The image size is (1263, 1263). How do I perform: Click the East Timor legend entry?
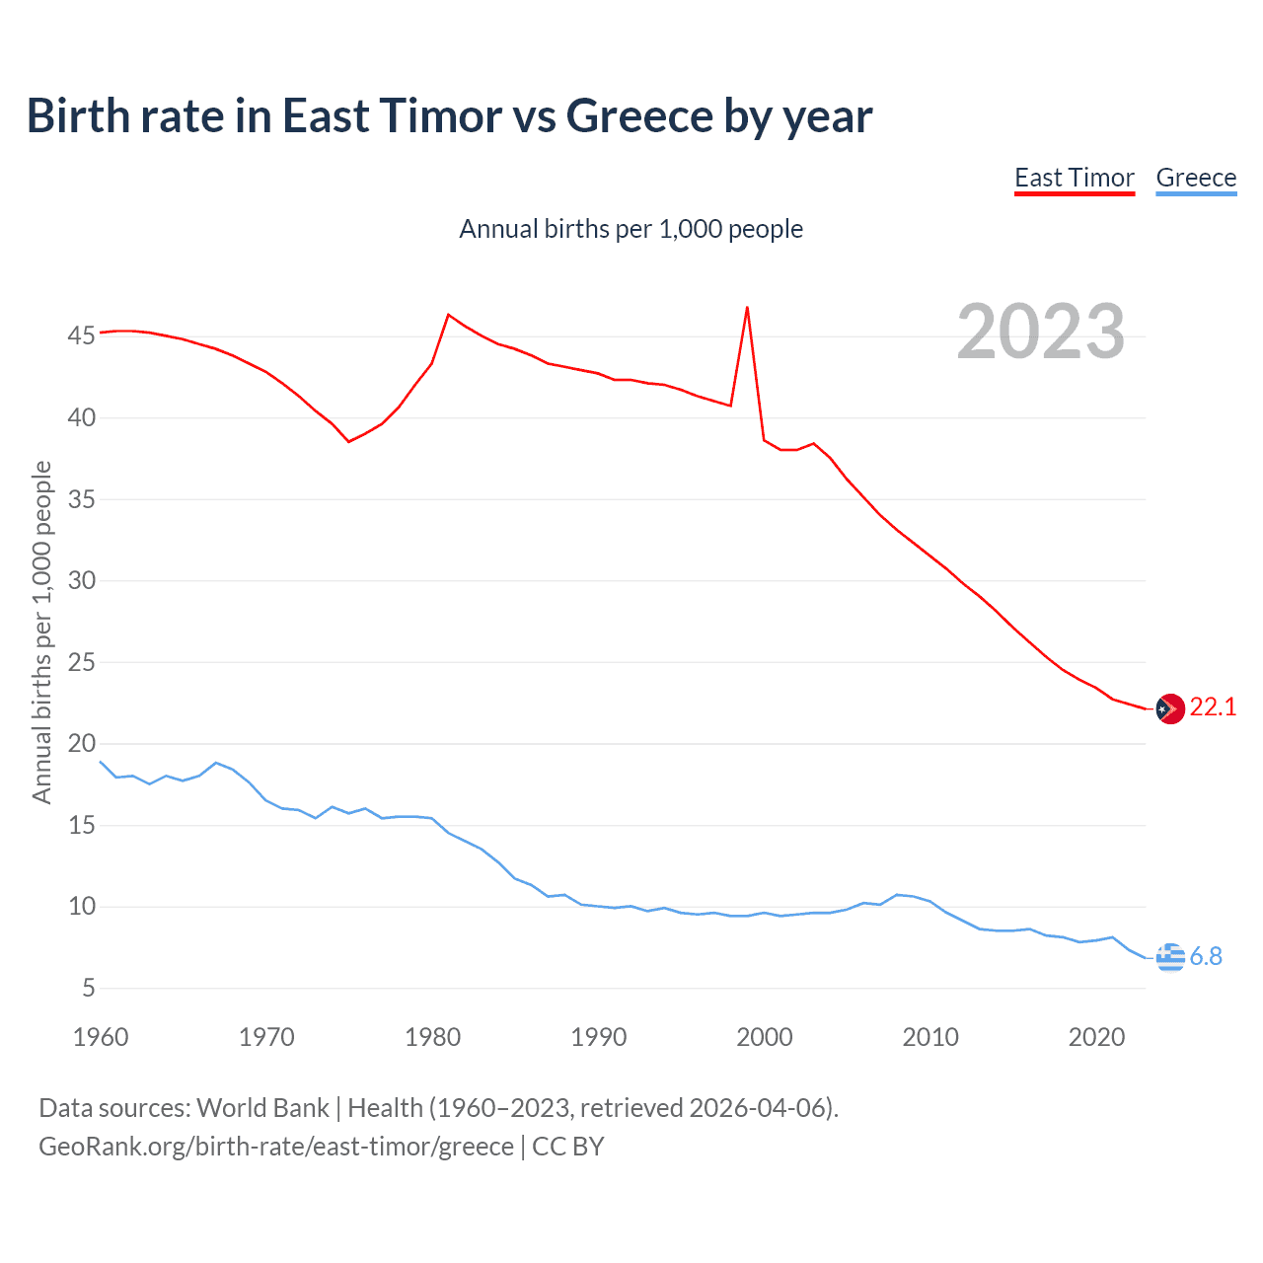(x=1075, y=178)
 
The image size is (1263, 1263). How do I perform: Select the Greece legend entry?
(x=1196, y=178)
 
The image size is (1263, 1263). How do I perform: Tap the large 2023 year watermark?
(x=1041, y=332)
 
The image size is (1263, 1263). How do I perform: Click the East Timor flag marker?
(x=1170, y=708)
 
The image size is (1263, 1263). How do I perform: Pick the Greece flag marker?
(x=1170, y=956)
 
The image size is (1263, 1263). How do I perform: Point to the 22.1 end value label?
(x=1213, y=706)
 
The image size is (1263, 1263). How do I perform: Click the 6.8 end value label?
(x=1206, y=956)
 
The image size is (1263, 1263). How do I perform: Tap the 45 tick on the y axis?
(x=81, y=336)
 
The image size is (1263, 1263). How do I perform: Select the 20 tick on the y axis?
(x=81, y=744)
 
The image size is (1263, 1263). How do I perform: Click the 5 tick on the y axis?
(x=87, y=988)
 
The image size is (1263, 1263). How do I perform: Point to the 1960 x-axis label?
(x=101, y=1037)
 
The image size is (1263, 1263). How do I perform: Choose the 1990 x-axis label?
(x=599, y=1037)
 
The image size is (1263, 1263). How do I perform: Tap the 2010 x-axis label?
(x=930, y=1037)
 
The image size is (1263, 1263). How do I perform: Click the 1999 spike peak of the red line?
(x=747, y=307)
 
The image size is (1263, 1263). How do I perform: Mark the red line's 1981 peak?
(x=448, y=315)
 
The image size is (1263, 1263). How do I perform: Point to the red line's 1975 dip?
(x=348, y=441)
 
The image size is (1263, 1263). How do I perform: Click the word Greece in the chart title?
(x=639, y=115)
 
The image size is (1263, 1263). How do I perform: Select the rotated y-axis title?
(x=41, y=631)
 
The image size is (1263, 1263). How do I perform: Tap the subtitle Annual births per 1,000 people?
(x=631, y=229)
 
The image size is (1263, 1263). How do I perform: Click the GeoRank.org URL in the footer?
(x=276, y=1147)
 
